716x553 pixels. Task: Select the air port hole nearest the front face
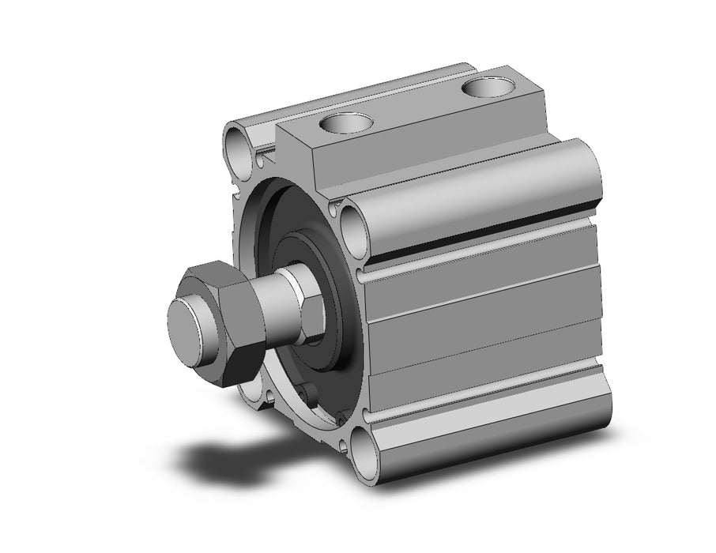[x=346, y=123]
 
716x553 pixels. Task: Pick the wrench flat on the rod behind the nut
[x=308, y=304]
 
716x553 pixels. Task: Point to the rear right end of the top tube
[x=589, y=170]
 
